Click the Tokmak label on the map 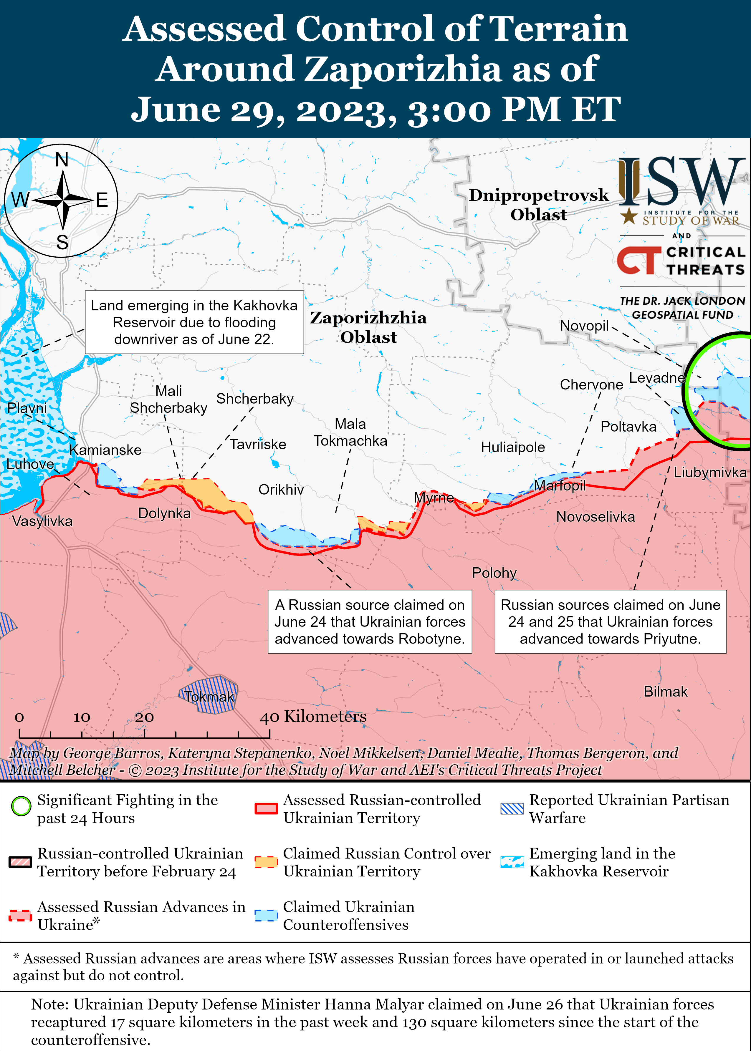pyautogui.click(x=209, y=697)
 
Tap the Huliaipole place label pyautogui.click(x=512, y=447)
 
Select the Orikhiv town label pyautogui.click(x=281, y=490)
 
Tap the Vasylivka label pyautogui.click(x=42, y=521)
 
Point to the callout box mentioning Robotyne pyautogui.click(x=370, y=622)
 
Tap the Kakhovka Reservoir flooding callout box pyautogui.click(x=194, y=322)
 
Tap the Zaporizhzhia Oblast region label pyautogui.click(x=368, y=327)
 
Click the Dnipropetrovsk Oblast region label pyautogui.click(x=539, y=204)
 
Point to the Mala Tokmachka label pyautogui.click(x=350, y=432)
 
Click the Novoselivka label pyautogui.click(x=595, y=517)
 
